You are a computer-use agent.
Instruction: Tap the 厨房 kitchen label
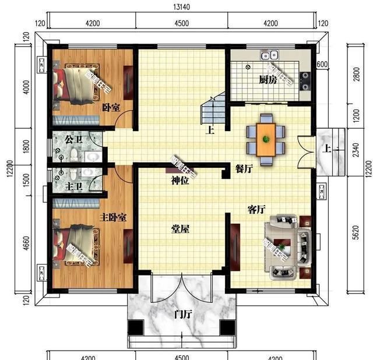pos(268,81)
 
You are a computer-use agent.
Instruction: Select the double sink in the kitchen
pos(269,56)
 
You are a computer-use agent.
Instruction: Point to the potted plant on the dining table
pos(266,139)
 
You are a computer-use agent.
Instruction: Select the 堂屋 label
pos(181,229)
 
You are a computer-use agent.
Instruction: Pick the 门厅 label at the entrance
pos(183,315)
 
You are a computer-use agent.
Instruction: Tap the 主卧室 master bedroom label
pos(113,217)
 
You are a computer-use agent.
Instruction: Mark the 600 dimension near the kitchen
pos(321,64)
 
